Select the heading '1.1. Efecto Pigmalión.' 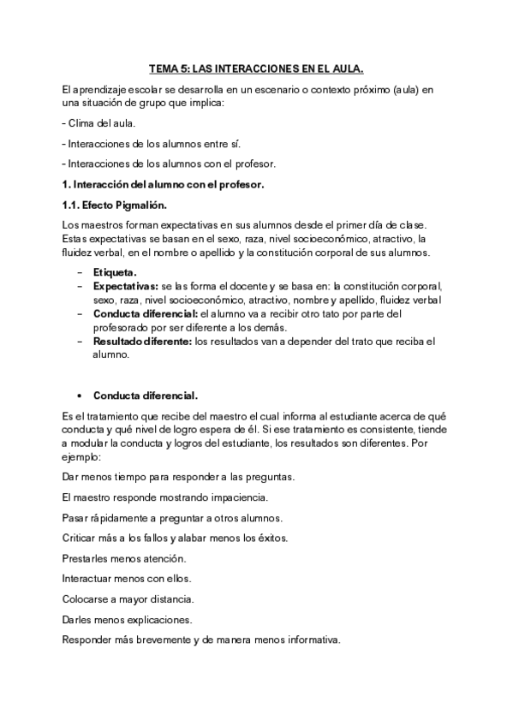(115, 205)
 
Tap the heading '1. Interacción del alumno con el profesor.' (163, 184)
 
